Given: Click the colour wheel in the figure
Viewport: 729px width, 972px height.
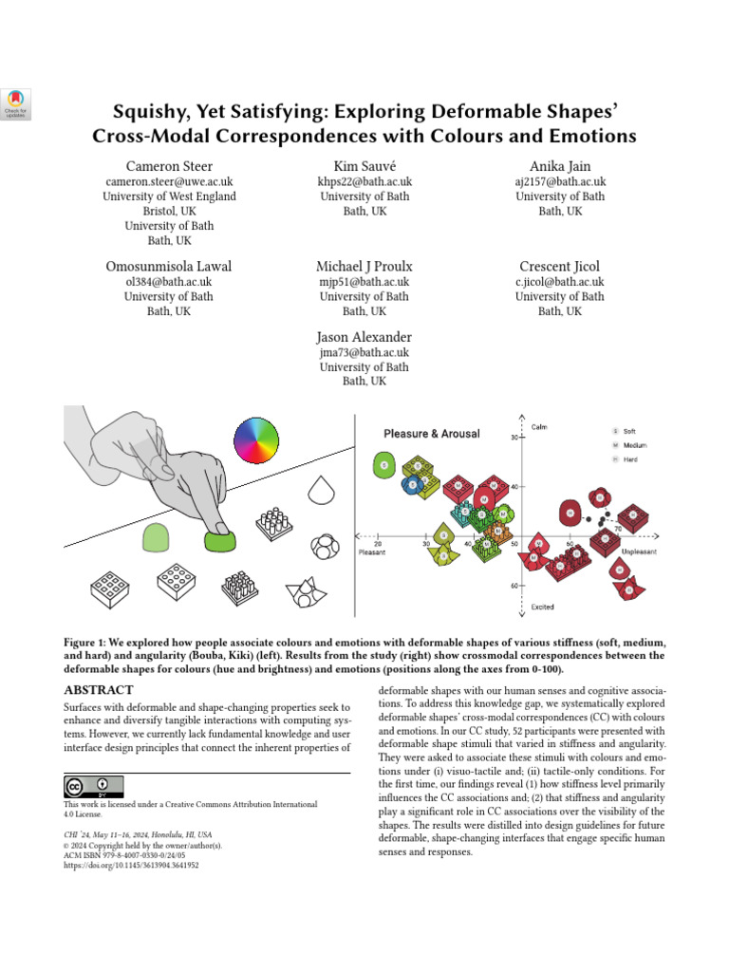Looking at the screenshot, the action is (256, 440).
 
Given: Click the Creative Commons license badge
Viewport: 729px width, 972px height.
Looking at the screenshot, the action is (94, 787).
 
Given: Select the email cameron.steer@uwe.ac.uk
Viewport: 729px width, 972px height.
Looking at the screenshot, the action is (169, 181).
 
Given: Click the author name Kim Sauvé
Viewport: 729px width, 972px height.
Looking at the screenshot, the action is (364, 165).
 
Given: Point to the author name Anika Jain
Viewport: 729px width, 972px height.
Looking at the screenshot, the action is (560, 165).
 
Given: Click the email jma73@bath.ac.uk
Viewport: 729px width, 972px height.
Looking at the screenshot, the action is (364, 352).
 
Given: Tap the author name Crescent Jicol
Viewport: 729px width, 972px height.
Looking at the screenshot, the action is (560, 266).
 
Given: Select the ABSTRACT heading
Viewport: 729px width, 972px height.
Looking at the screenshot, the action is (98, 691).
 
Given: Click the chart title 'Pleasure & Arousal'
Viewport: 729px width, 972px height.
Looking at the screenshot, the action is (431, 434).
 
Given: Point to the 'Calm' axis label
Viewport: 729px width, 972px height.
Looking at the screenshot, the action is (538, 426).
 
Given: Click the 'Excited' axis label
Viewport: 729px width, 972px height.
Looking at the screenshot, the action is (542, 606).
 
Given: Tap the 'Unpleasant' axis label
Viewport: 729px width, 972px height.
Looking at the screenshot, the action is (640, 551).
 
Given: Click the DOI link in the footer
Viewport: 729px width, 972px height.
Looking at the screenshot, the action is (131, 866).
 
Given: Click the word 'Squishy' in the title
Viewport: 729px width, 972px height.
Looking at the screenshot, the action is (154, 109).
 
